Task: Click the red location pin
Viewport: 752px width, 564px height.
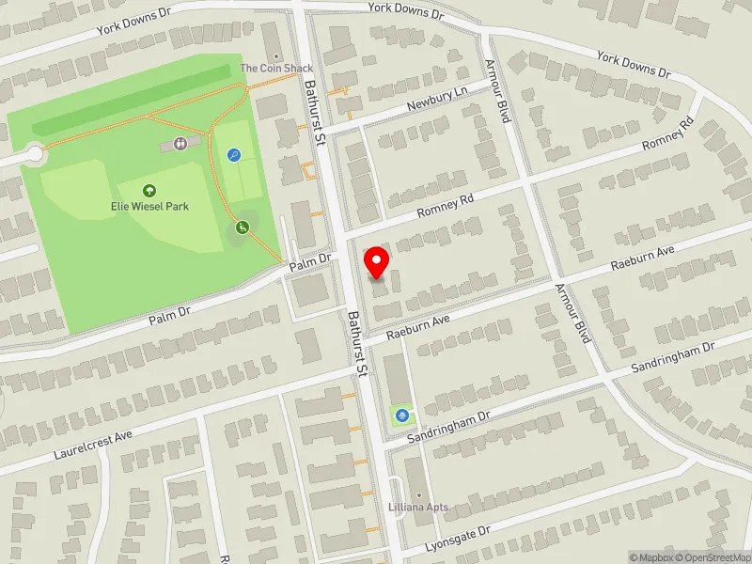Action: tap(377, 261)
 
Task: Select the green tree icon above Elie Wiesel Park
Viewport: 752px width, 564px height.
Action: tap(149, 190)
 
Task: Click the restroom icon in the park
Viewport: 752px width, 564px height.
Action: tap(180, 144)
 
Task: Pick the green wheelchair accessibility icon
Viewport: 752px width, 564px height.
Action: tap(242, 227)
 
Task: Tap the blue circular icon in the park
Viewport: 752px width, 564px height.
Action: tap(234, 155)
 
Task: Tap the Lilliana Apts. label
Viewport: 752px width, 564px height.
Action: tap(419, 508)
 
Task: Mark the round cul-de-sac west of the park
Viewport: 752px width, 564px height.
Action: tap(35, 153)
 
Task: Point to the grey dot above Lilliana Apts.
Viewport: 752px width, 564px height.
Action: tap(419, 495)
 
